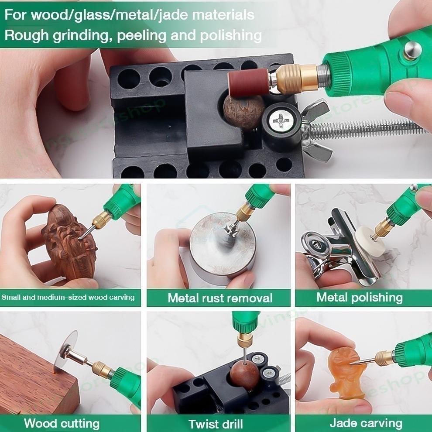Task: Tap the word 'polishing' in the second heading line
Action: (231, 35)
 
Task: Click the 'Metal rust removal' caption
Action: (220, 298)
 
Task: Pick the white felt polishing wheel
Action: (370, 242)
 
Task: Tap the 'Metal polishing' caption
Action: (360, 298)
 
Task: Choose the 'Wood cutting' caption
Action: (62, 423)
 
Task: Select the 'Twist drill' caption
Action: (216, 424)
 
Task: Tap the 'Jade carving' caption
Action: (366, 423)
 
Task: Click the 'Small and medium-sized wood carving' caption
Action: (68, 298)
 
